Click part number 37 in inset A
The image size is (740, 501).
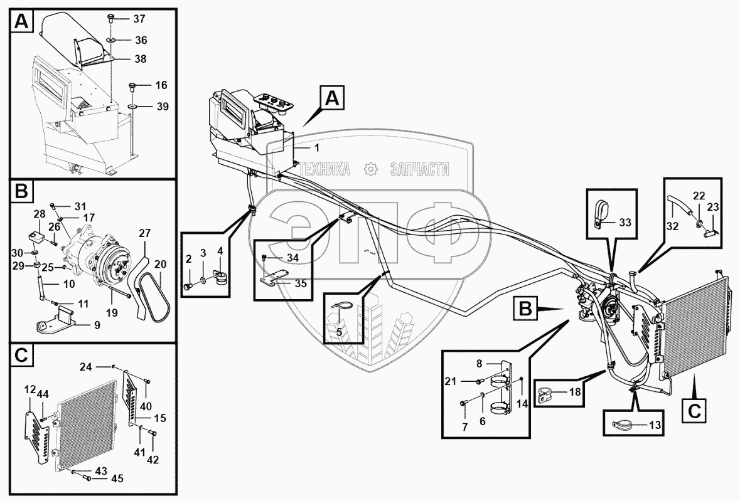point(139,18)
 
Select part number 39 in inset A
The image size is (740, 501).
point(162,107)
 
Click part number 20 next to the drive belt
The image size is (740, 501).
point(161,265)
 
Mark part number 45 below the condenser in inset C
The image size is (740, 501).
point(117,479)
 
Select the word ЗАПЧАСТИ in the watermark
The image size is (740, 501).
point(419,169)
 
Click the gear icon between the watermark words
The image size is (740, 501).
point(370,169)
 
